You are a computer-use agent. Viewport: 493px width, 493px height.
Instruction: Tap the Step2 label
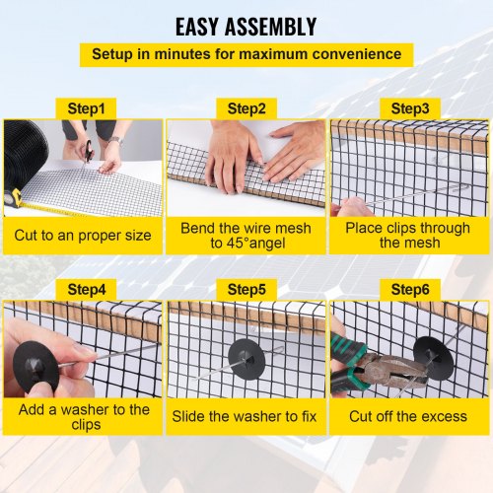point(246,106)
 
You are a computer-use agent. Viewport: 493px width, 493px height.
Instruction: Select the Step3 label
point(409,106)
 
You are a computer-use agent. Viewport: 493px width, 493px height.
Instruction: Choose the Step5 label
point(246,289)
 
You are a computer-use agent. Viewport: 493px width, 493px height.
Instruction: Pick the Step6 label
point(409,289)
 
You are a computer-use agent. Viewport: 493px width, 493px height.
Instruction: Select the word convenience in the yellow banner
point(358,54)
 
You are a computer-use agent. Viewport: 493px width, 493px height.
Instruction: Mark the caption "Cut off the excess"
point(408,416)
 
